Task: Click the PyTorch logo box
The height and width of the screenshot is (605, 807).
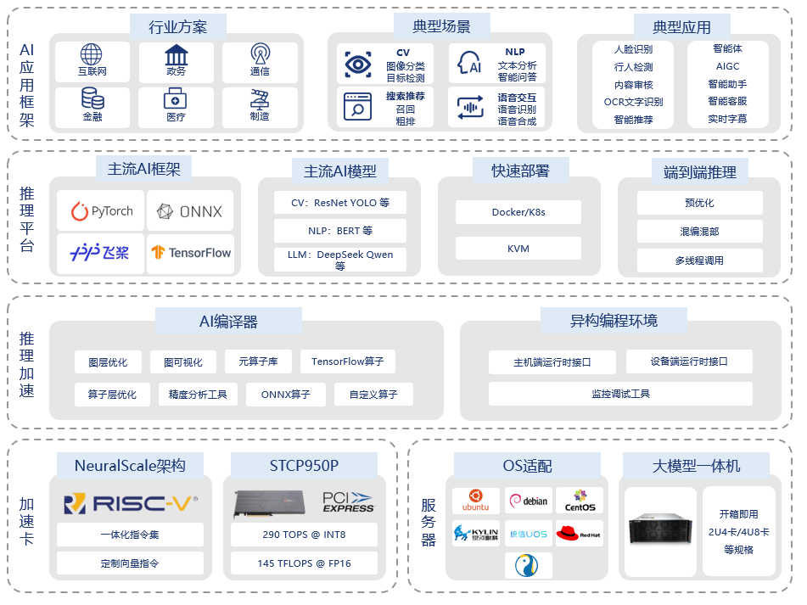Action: [101, 210]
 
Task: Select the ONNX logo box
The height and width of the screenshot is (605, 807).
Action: [190, 210]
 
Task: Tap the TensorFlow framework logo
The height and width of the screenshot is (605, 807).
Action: [190, 253]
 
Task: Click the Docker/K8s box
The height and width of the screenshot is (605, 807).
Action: [518, 212]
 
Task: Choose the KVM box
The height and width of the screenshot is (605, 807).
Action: [518, 249]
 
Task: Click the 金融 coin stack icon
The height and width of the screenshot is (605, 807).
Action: [92, 98]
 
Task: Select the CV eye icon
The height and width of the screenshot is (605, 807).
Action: [358, 64]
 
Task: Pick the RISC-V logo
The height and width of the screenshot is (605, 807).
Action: [131, 504]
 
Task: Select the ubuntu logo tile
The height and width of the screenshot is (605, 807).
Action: [475, 501]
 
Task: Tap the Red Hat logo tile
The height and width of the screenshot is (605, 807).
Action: [579, 534]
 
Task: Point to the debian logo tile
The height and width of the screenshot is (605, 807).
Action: [528, 501]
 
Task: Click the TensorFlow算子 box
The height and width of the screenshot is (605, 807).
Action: [347, 361]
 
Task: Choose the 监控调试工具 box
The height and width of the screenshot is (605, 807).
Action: [620, 394]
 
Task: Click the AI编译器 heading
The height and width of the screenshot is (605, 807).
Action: [228, 322]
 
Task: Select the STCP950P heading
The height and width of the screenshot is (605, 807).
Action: [304, 465]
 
